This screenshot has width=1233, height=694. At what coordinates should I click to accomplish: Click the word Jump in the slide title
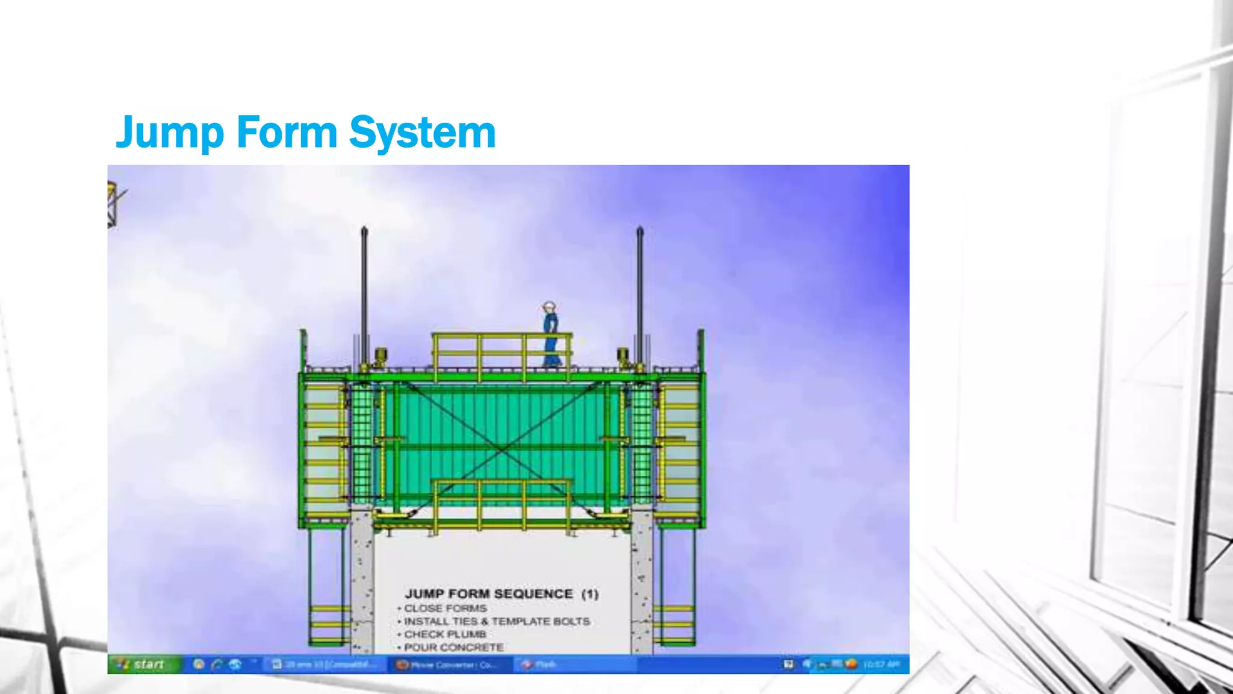[x=167, y=133]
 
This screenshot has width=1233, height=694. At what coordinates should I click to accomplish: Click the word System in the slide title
[x=422, y=133]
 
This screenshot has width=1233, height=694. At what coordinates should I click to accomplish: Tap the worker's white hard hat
[x=548, y=306]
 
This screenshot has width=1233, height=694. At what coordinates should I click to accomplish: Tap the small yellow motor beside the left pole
[x=380, y=356]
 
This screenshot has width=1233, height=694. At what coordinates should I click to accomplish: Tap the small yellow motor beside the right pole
[x=624, y=356]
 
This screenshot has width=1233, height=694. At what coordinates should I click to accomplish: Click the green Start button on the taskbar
[x=143, y=664]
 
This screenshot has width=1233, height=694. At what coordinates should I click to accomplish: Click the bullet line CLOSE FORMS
[x=446, y=608]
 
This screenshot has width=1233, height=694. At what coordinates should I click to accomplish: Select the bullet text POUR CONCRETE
[x=453, y=648]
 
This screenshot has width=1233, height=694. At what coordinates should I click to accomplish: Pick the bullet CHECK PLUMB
[x=445, y=634]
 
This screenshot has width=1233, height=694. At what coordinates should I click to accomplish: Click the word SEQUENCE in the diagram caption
[x=533, y=594]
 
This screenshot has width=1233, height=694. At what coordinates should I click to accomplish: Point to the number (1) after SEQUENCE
[x=590, y=594]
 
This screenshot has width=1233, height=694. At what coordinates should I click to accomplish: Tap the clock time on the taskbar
[x=881, y=664]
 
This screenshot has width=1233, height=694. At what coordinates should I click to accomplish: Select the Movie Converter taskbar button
[x=449, y=664]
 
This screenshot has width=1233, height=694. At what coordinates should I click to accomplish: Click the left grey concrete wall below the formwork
[x=362, y=581]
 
